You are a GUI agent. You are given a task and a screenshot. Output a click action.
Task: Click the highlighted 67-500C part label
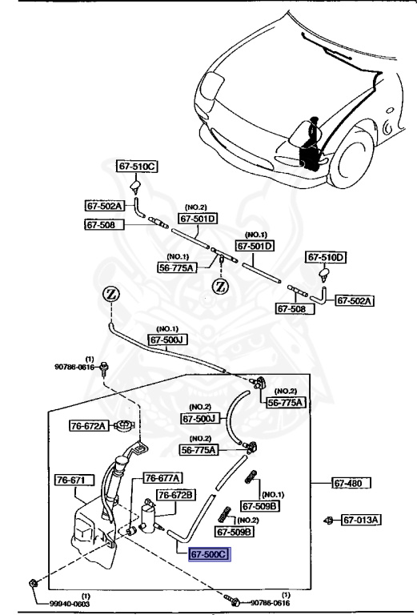coord(209,553)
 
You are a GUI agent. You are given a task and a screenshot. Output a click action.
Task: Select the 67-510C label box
coord(137,167)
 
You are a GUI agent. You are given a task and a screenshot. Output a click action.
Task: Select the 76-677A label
coord(162,477)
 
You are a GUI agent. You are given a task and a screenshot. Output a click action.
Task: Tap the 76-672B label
coord(175,495)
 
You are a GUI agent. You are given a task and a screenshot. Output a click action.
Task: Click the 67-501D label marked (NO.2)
coord(198,218)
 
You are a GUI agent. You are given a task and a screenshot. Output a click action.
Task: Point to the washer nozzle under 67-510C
coord(136,189)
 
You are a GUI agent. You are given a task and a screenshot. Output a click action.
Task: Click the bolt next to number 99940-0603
coord(31,582)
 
